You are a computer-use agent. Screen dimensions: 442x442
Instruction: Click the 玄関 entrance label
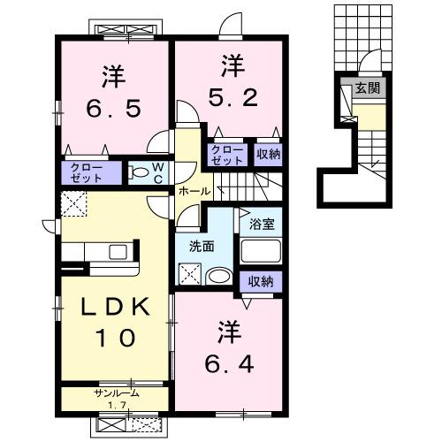click(368, 88)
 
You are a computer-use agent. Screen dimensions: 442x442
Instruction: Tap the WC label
click(158, 173)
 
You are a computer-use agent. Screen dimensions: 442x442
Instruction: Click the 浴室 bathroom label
click(262, 224)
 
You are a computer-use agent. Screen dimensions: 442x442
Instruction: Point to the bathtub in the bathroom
click(261, 251)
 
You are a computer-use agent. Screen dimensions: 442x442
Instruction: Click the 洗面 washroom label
click(202, 247)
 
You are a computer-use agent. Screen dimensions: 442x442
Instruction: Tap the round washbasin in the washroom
click(219, 276)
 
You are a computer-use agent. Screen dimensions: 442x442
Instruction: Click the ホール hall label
click(194, 192)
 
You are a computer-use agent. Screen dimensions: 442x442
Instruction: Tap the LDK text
click(115, 307)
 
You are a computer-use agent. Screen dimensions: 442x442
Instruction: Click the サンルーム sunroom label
click(116, 392)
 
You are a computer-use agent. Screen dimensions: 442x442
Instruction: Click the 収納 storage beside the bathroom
click(261, 282)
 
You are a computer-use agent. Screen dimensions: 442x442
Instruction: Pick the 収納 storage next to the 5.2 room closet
click(268, 154)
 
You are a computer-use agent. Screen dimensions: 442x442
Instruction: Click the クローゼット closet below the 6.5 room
click(87, 173)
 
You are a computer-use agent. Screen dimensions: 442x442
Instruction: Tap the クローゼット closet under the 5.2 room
click(227, 155)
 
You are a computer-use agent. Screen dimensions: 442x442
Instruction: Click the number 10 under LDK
click(115, 338)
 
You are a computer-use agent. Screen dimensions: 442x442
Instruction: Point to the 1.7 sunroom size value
click(117, 406)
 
